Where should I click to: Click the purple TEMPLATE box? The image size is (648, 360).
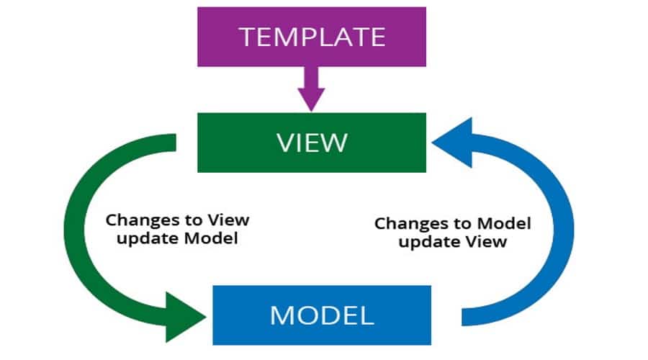312,35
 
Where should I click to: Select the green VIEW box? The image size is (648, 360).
312,143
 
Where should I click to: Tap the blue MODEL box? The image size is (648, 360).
322,315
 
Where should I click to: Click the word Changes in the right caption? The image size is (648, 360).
404,224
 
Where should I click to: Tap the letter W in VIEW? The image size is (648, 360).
335,143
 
